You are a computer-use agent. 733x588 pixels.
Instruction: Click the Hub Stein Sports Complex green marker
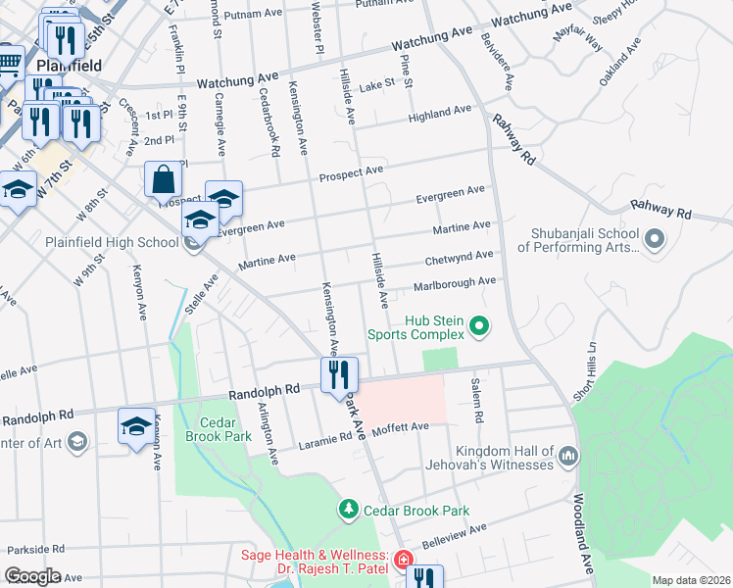tap(479, 324)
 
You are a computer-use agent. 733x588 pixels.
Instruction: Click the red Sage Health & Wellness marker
tap(402, 561)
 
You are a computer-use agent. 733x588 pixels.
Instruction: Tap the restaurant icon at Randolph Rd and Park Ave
tap(340, 373)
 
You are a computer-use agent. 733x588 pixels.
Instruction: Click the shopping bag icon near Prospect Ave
tap(164, 179)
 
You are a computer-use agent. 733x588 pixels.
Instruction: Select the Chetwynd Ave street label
tap(459, 258)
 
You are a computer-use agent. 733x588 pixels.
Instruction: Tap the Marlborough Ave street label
tap(455, 284)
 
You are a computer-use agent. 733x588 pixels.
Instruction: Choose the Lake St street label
tap(376, 84)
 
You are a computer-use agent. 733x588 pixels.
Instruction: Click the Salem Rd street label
tap(477, 399)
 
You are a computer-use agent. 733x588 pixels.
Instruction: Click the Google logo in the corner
tap(32, 576)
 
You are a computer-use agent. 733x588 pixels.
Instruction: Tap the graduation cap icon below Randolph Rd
tap(136, 424)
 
